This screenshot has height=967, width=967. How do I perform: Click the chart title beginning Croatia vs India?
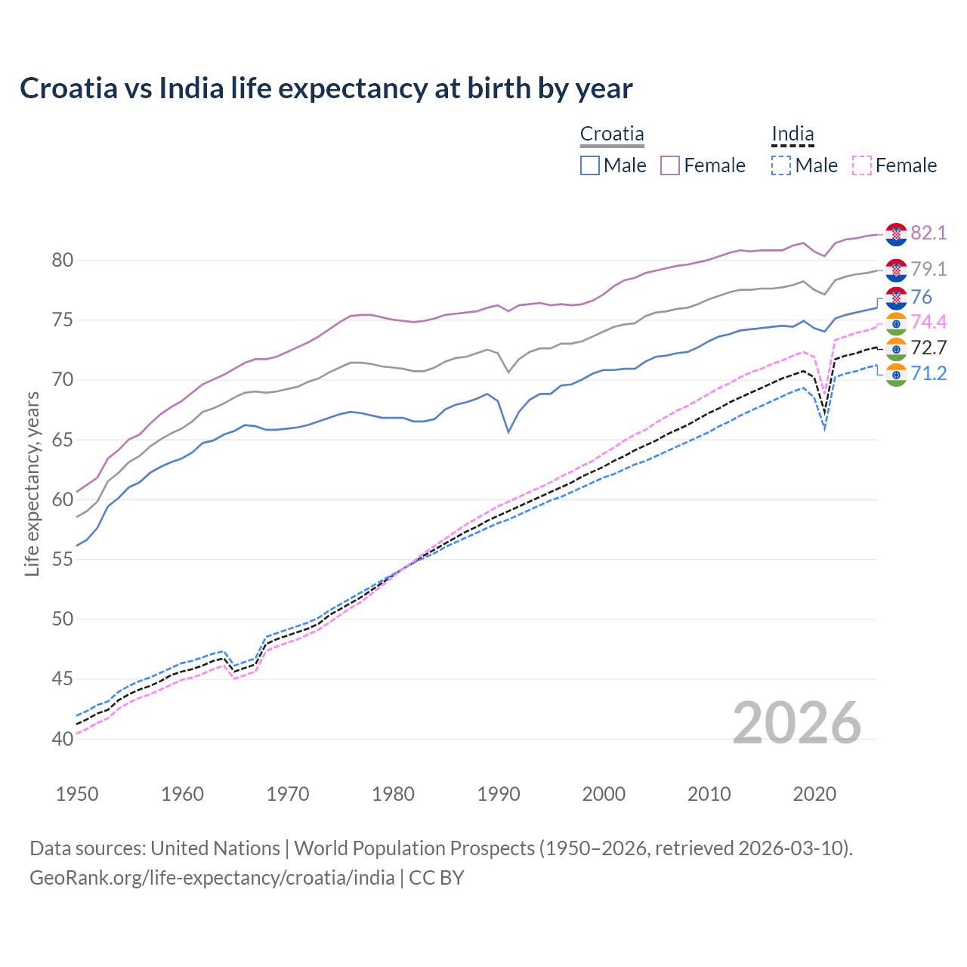326,88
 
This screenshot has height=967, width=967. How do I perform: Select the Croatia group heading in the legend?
612,134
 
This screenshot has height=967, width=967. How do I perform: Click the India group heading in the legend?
792,134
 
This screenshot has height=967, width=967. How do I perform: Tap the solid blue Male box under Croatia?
590,165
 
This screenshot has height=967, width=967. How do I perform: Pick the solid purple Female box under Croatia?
671,165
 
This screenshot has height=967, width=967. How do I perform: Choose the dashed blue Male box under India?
781,165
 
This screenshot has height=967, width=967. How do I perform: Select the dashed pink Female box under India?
862,165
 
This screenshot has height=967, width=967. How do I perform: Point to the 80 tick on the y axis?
63,261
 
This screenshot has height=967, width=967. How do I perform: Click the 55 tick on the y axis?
63,560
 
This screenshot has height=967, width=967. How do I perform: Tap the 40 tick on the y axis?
63,739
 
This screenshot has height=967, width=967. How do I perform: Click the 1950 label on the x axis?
77,794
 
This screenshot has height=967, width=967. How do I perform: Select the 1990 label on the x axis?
499,794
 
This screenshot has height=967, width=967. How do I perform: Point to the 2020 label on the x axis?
814,794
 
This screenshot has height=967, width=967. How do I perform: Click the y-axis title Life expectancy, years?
32,483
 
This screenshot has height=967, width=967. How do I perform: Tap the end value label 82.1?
928,233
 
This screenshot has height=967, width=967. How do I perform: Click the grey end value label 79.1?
928,269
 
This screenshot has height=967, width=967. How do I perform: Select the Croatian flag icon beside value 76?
896,298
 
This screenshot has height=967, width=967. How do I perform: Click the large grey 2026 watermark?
797,723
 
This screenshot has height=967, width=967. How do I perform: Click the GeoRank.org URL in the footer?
212,878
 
